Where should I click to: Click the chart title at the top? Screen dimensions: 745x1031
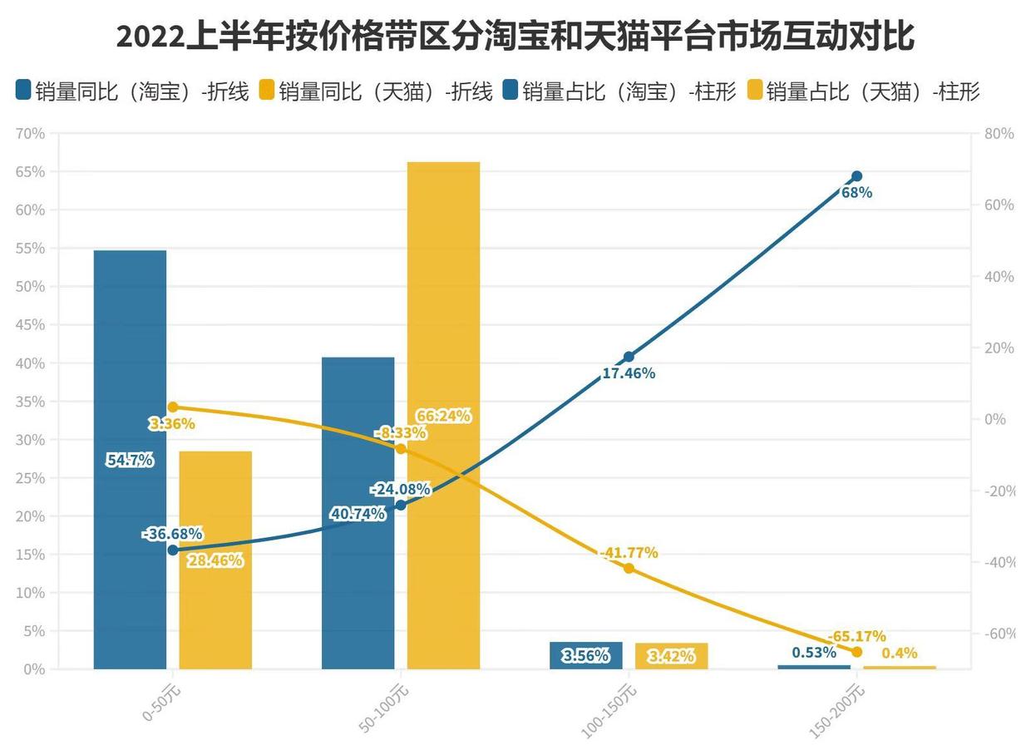click(x=515, y=37)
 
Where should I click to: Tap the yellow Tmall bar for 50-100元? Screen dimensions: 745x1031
click(x=443, y=416)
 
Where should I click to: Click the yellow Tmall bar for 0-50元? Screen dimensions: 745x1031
click(x=215, y=560)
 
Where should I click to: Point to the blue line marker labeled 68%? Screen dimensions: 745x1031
click(x=856, y=176)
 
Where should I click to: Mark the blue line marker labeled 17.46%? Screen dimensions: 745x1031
click(x=629, y=357)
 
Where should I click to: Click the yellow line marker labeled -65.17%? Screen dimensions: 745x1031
click(x=856, y=652)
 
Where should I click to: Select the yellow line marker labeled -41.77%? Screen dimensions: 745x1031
click(x=629, y=568)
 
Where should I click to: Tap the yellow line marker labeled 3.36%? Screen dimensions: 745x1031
click(x=173, y=407)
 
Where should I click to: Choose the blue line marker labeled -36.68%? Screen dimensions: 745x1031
click(x=173, y=550)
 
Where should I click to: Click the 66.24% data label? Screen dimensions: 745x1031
click(x=444, y=416)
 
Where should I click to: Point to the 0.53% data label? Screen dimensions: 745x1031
click(x=814, y=653)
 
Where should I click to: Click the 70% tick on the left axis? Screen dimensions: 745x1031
click(x=30, y=134)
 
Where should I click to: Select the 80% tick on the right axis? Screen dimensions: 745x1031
click(x=999, y=134)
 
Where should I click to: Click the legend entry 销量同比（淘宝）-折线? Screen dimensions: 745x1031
click(x=133, y=91)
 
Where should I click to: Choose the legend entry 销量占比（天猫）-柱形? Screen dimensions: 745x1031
click(x=865, y=91)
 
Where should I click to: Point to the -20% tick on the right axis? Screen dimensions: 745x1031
click(x=999, y=491)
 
